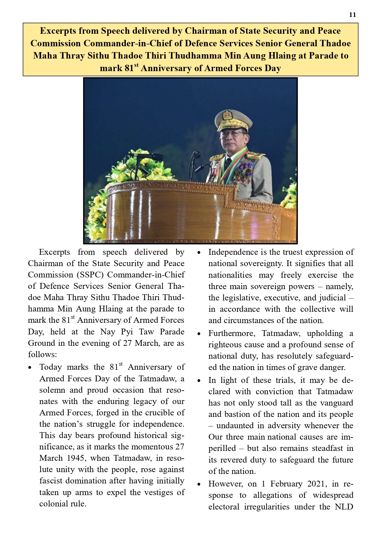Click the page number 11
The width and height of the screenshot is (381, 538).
(352, 15)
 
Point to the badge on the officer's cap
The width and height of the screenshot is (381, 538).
(227, 115)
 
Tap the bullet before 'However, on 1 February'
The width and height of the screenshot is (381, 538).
(199, 485)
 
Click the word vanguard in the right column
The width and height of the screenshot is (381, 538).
(337, 403)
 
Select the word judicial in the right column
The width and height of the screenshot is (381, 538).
(332, 298)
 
